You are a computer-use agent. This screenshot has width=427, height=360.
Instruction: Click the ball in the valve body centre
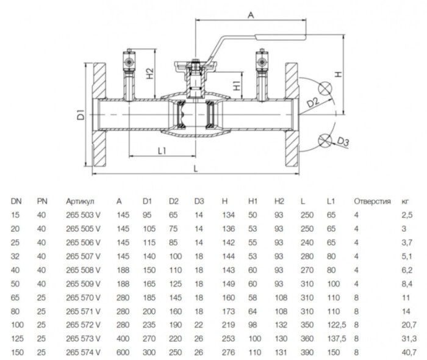click(x=195, y=115)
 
